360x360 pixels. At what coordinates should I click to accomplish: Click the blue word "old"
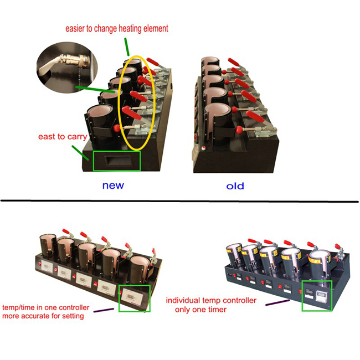coord(235,186)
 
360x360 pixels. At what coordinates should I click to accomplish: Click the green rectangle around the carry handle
coord(117,161)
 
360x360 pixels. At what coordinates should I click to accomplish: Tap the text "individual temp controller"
coord(212,300)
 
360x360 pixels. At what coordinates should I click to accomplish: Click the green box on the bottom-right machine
coord(317,296)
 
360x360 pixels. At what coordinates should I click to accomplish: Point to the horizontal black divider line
coord(179,200)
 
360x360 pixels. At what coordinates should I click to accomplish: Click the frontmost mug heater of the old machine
coord(218,120)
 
